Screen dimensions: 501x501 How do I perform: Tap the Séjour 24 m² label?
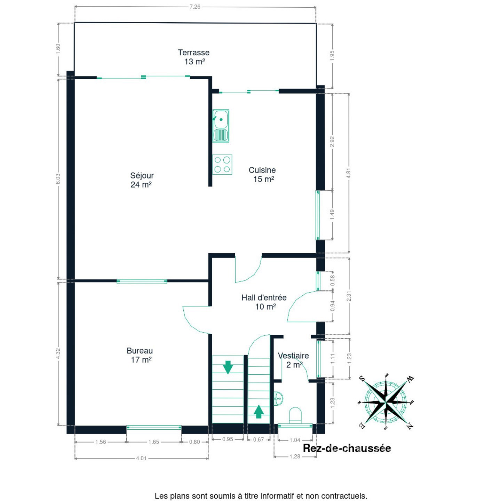(x=142, y=180)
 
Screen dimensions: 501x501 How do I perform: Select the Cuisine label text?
(x=262, y=170)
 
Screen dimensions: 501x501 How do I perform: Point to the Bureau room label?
(x=140, y=351)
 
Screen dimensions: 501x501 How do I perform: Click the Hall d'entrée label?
(x=264, y=297)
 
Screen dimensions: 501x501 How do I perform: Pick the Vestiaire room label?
(x=293, y=356)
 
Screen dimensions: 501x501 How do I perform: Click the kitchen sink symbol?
(x=221, y=126)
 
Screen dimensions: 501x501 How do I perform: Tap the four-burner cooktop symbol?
(x=222, y=165)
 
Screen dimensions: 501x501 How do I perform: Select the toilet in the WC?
(x=295, y=415)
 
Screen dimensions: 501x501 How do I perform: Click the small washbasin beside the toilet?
(x=278, y=398)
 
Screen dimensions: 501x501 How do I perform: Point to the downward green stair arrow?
(x=228, y=367)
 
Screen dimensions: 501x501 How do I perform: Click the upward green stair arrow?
(x=259, y=412)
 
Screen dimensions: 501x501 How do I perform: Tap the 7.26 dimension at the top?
(x=195, y=7)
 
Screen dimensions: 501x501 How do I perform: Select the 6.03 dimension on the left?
(x=58, y=178)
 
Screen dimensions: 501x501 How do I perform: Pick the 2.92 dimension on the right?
(x=332, y=142)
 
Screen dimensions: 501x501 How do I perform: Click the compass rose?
(x=386, y=402)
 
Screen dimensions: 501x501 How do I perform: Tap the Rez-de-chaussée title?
(x=347, y=448)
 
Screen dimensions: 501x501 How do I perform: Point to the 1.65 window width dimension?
(x=154, y=442)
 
